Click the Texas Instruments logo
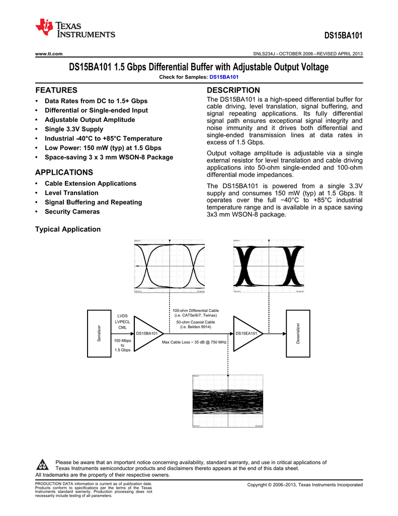[75, 29]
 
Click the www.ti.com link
[48, 54]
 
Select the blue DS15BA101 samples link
[224, 77]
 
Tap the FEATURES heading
[56, 90]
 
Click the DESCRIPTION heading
[233, 90]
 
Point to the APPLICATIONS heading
[64, 172]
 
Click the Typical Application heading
[67, 229]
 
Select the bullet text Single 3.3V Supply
[74, 129]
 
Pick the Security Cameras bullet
[72, 212]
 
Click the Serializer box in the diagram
[99, 333]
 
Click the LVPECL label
[122, 321]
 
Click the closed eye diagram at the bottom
[228, 401]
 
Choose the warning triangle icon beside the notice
[43, 465]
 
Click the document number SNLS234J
[267, 54]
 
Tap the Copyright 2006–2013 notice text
[304, 485]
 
